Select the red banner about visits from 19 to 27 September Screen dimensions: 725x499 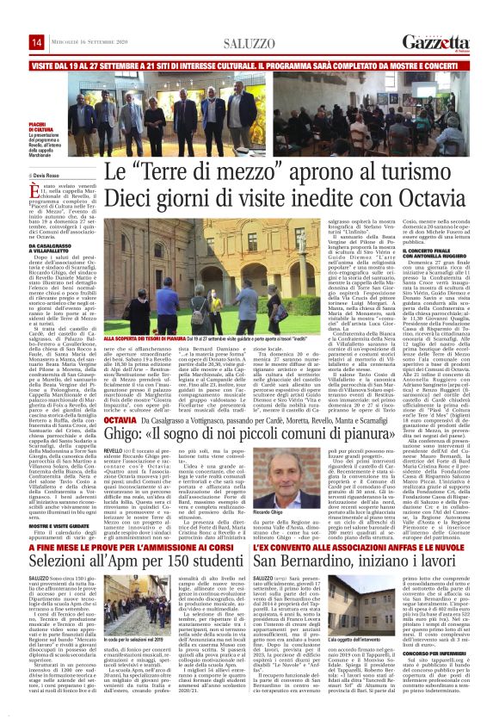[249, 65]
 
